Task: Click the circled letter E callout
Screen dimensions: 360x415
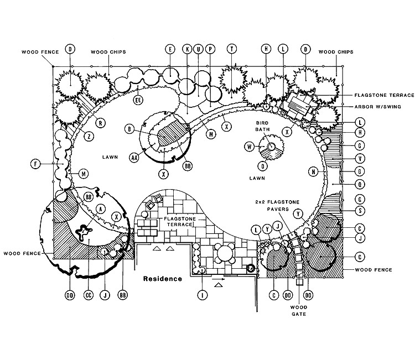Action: (170, 49)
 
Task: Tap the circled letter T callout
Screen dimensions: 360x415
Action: (232, 49)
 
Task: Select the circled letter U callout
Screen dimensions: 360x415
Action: (198, 49)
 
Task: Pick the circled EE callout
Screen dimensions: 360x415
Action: (138, 100)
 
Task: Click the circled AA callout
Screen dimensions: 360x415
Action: (134, 158)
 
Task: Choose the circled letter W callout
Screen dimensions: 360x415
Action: (250, 147)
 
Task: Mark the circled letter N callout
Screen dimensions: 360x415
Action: (313, 172)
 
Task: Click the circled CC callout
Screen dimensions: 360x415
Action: (87, 295)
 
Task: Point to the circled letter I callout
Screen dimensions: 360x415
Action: (204, 295)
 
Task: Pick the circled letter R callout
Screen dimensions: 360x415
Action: (101, 123)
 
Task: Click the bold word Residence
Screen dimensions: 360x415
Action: (163, 279)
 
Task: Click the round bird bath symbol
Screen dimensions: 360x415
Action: (272, 147)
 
